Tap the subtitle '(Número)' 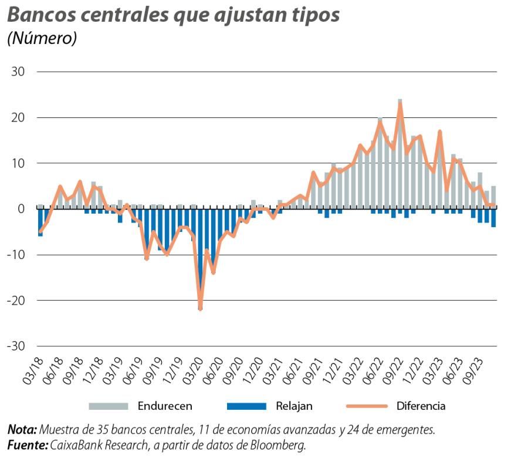[42, 39]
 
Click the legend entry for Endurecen [165, 406]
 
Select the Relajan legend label [295, 406]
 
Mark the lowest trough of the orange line [200, 308]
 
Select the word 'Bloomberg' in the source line [278, 446]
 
